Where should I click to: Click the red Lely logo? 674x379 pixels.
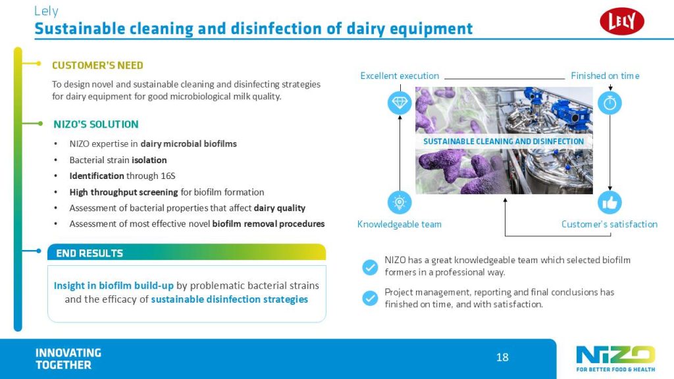pyautogui.click(x=621, y=22)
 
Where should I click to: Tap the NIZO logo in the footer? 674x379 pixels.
pyautogui.click(x=615, y=359)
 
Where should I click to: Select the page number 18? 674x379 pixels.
pyautogui.click(x=502, y=357)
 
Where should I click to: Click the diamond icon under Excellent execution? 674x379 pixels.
pyautogui.click(x=400, y=103)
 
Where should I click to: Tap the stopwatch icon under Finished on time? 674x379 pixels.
pyautogui.click(x=609, y=103)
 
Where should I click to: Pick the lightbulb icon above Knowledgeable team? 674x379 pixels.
pyautogui.click(x=400, y=203)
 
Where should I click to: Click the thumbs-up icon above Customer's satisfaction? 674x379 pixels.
pyautogui.click(x=609, y=203)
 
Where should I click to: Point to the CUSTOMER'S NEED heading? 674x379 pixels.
pyautogui.click(x=97, y=65)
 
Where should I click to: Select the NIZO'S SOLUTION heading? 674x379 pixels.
pyautogui.click(x=96, y=124)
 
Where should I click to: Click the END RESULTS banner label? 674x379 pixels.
pyautogui.click(x=90, y=253)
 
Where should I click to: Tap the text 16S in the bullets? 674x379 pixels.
pyautogui.click(x=168, y=176)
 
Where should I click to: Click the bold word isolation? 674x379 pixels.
pyautogui.click(x=149, y=161)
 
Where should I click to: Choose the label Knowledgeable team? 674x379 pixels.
pyautogui.click(x=400, y=224)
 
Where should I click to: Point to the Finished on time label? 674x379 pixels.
pyautogui.click(x=605, y=76)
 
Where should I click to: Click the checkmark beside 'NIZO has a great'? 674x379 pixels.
pyautogui.click(x=370, y=267)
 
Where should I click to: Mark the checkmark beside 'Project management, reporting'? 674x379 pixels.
pyautogui.click(x=370, y=298)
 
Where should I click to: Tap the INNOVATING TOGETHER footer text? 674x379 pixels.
pyautogui.click(x=68, y=359)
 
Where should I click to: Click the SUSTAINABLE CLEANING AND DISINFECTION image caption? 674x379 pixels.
pyautogui.click(x=504, y=141)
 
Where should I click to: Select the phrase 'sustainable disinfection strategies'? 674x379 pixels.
pyautogui.click(x=230, y=299)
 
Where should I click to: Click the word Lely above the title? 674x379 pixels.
pyautogui.click(x=46, y=11)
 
